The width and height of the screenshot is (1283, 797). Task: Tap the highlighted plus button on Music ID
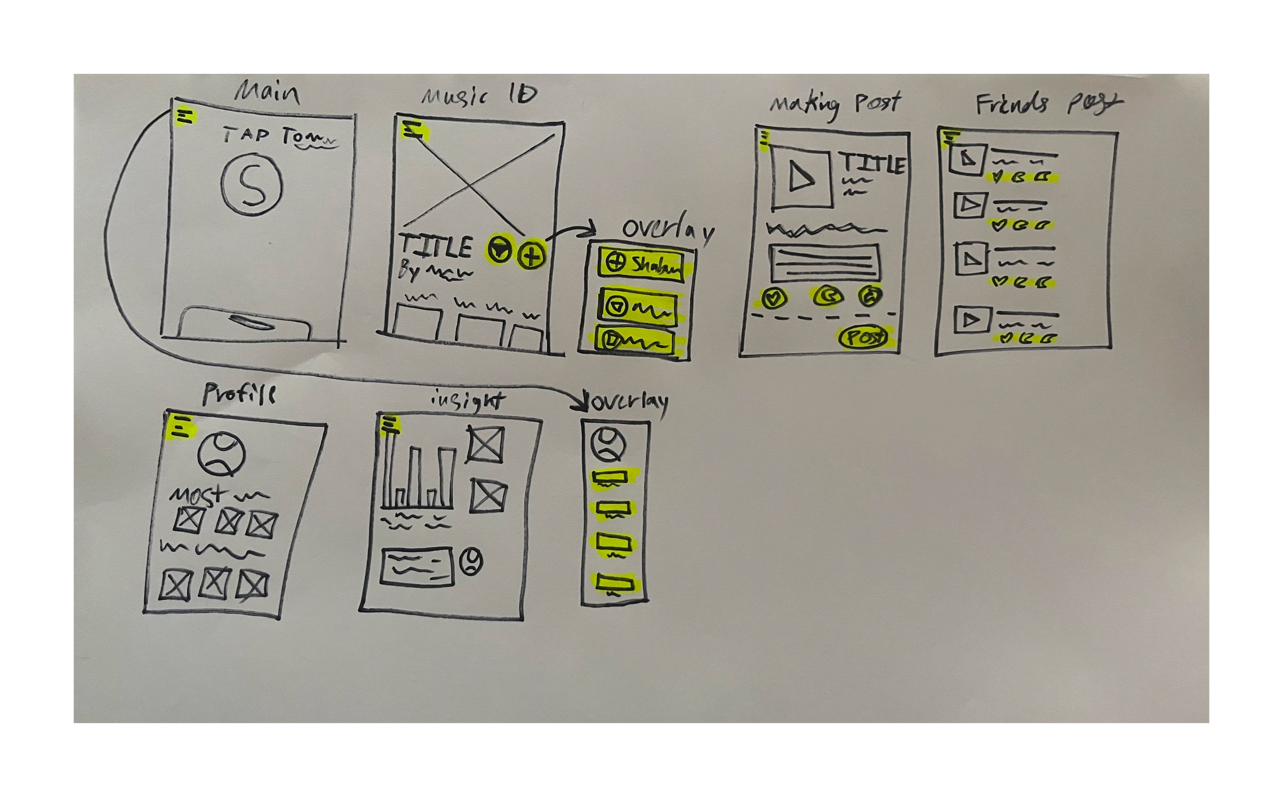[x=532, y=255]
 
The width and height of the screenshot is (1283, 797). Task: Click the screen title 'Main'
[x=267, y=93]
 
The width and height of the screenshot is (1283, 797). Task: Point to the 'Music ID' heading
[x=479, y=95]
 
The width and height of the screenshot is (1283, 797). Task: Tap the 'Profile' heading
[x=239, y=394]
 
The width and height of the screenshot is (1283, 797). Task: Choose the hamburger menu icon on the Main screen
[x=185, y=117]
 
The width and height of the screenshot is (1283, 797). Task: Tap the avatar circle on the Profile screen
[x=222, y=454]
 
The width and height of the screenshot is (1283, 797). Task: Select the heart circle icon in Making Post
[x=773, y=298]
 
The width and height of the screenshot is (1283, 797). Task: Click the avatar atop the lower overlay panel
[x=608, y=444]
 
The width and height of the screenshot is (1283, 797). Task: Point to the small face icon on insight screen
[x=471, y=561]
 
